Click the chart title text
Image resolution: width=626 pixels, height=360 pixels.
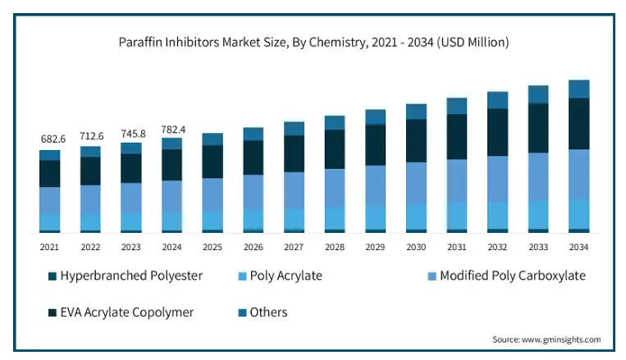[313, 42]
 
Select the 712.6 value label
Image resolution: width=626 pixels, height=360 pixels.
[90, 135]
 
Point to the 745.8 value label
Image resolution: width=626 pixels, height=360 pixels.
[131, 133]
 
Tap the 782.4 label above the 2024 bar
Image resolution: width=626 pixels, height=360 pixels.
[172, 129]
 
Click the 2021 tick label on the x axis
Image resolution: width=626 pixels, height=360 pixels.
[50, 246]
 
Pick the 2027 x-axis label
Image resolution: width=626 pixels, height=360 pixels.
[295, 246]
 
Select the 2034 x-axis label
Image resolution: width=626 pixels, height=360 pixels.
[579, 246]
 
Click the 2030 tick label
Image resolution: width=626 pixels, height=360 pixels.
[417, 246]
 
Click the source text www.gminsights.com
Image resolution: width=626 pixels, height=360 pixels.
[546, 339]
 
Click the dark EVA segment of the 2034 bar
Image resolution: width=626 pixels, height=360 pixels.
[579, 123]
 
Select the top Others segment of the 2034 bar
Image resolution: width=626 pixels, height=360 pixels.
[579, 89]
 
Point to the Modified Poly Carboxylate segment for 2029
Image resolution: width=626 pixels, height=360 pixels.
[376, 185]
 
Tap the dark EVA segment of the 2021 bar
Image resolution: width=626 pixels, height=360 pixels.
[50, 173]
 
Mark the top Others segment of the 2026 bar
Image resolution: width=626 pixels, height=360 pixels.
[254, 134]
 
